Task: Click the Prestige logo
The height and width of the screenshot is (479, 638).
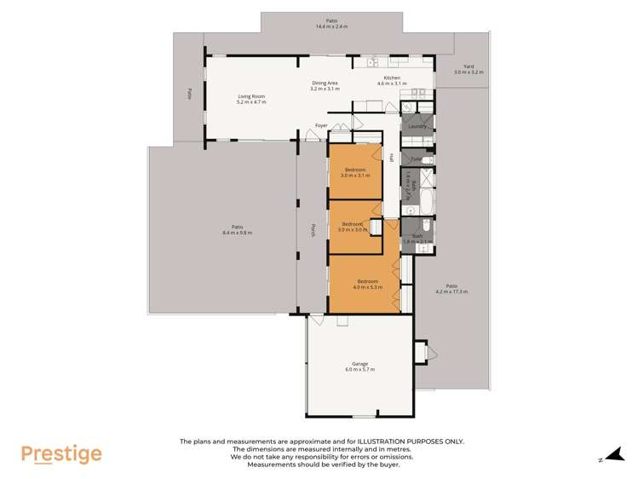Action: tap(61, 454)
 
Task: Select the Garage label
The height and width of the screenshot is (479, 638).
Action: tap(359, 366)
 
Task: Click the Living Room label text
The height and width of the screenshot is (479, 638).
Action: tap(251, 99)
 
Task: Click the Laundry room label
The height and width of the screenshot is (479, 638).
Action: tap(417, 126)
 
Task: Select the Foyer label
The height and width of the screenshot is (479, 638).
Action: tap(321, 125)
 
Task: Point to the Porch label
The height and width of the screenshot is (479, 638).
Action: tap(313, 229)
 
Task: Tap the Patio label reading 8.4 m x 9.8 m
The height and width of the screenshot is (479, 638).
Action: tap(237, 230)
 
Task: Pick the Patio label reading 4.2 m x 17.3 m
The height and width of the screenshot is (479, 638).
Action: tap(451, 289)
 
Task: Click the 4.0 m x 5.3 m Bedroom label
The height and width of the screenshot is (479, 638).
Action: tap(367, 285)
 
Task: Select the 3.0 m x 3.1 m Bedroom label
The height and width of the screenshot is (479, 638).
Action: tap(356, 173)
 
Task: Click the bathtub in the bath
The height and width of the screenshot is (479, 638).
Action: tap(426, 201)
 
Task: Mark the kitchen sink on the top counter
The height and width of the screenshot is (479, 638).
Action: tap(373, 62)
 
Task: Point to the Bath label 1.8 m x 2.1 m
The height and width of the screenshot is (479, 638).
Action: tap(417, 239)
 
